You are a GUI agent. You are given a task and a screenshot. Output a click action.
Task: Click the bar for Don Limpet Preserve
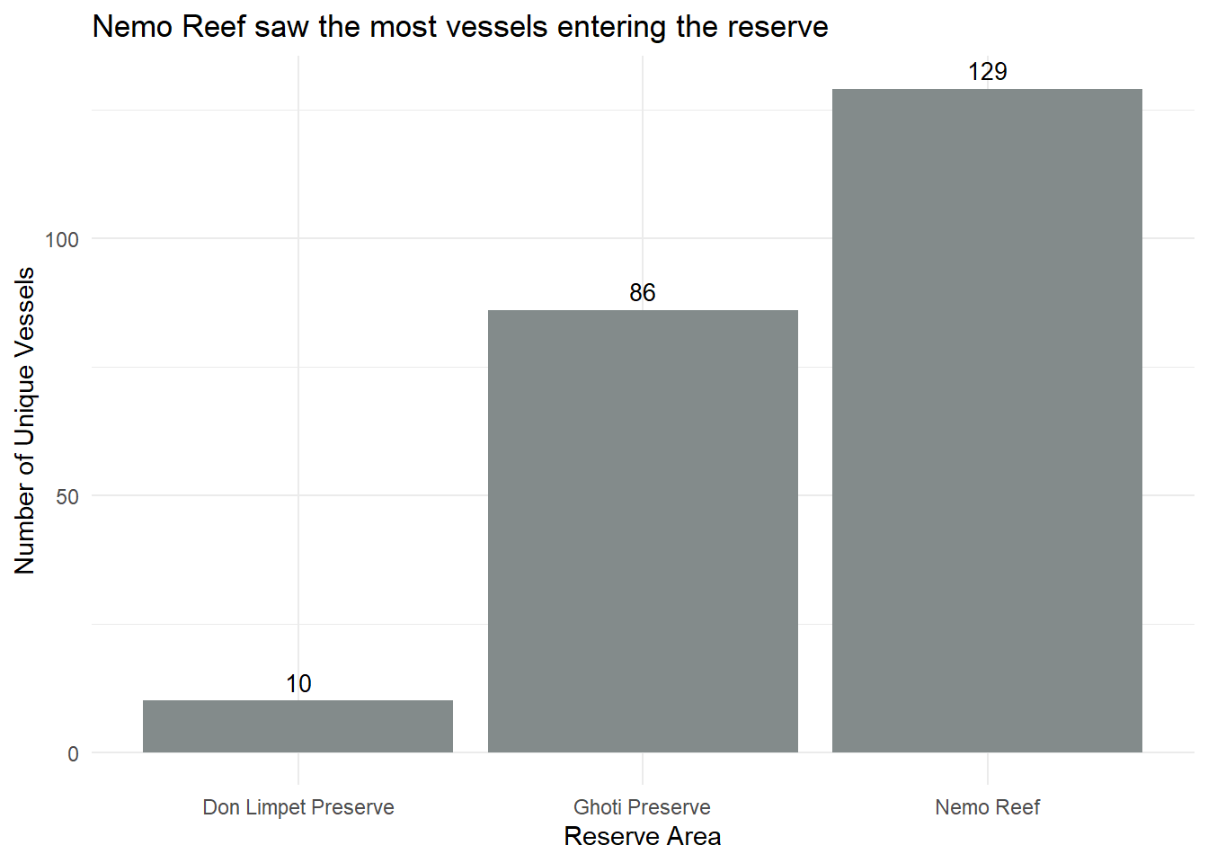pyautogui.click(x=298, y=726)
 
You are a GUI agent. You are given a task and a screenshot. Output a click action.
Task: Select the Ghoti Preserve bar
pyautogui.click(x=643, y=530)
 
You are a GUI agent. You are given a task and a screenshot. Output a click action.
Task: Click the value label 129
pyautogui.click(x=987, y=72)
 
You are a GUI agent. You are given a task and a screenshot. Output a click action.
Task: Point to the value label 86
pyautogui.click(x=643, y=293)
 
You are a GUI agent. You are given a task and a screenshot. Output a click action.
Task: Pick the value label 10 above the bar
pyautogui.click(x=298, y=684)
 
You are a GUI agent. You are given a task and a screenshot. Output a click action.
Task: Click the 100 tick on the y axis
pyautogui.click(x=62, y=240)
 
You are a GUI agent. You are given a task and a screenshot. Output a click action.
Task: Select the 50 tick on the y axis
pyautogui.click(x=67, y=497)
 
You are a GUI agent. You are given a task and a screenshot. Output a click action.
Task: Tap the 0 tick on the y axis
pyautogui.click(x=74, y=754)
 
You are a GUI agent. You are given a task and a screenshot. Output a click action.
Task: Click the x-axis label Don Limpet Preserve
pyautogui.click(x=298, y=807)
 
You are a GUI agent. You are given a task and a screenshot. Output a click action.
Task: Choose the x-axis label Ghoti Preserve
pyautogui.click(x=643, y=807)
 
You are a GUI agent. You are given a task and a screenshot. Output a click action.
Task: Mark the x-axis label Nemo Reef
pyautogui.click(x=987, y=807)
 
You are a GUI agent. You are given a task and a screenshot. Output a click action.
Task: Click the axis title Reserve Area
pyautogui.click(x=643, y=837)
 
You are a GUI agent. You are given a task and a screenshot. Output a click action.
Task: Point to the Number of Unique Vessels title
pyautogui.click(x=25, y=421)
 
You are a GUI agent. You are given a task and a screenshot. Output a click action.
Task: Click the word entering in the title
pyautogui.click(x=612, y=27)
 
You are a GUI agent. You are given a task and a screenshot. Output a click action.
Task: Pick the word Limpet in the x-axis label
pyautogui.click(x=277, y=807)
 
